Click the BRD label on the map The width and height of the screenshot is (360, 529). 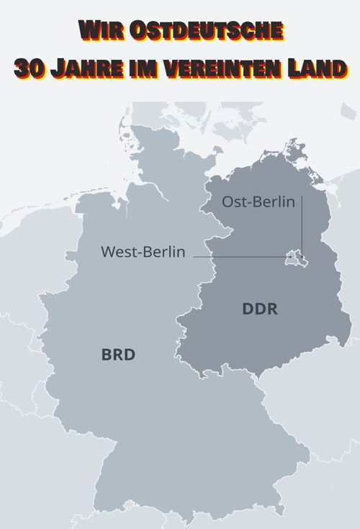[x=119, y=355]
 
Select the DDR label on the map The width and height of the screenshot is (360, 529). [x=260, y=310]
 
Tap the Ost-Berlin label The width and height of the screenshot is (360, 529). [x=258, y=202]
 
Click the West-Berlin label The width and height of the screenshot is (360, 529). [x=143, y=252]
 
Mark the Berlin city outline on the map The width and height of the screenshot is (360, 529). [x=294, y=256]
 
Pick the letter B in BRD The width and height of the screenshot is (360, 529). [x=107, y=355]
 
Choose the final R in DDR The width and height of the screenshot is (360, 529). [x=271, y=310]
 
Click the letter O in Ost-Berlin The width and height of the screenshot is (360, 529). [x=228, y=202]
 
